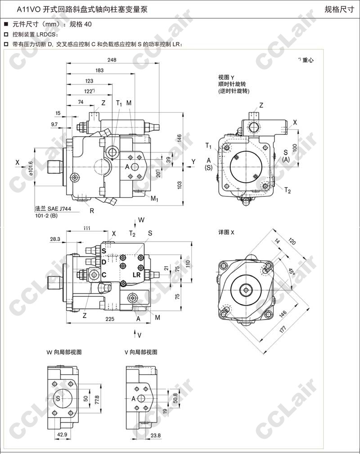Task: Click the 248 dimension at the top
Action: (112, 60)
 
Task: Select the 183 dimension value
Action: (99, 70)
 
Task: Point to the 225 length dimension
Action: (110, 319)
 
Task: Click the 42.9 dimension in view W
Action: (62, 435)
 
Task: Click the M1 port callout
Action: (154, 198)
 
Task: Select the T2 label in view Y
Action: (287, 191)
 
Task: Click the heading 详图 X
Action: (226, 232)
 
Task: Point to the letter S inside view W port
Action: (58, 398)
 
